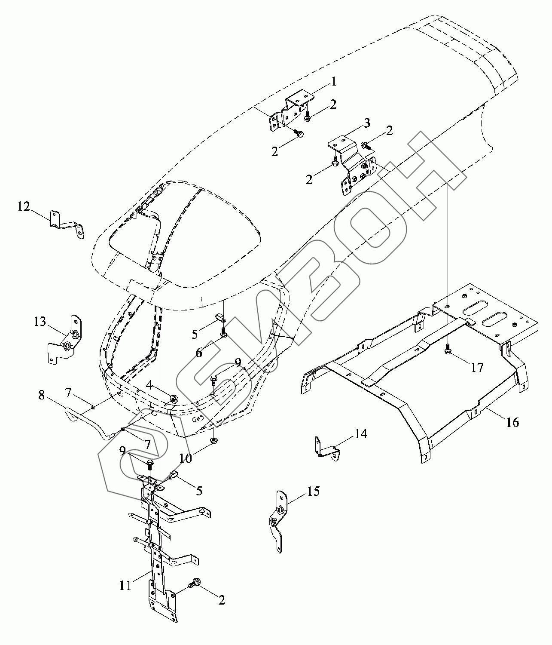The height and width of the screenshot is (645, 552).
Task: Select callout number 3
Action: (x=366, y=124)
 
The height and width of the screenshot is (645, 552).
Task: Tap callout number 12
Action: (x=24, y=207)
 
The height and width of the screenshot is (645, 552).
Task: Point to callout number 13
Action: (x=40, y=322)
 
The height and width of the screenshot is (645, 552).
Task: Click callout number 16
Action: (x=512, y=422)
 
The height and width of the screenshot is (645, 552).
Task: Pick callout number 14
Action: (x=361, y=434)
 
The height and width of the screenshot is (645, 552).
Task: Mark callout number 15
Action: (x=314, y=491)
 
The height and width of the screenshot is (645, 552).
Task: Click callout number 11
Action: (x=125, y=586)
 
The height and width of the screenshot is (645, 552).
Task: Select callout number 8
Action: (x=41, y=395)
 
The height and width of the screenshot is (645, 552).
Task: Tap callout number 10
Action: (x=186, y=458)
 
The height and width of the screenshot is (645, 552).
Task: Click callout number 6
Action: (x=198, y=353)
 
